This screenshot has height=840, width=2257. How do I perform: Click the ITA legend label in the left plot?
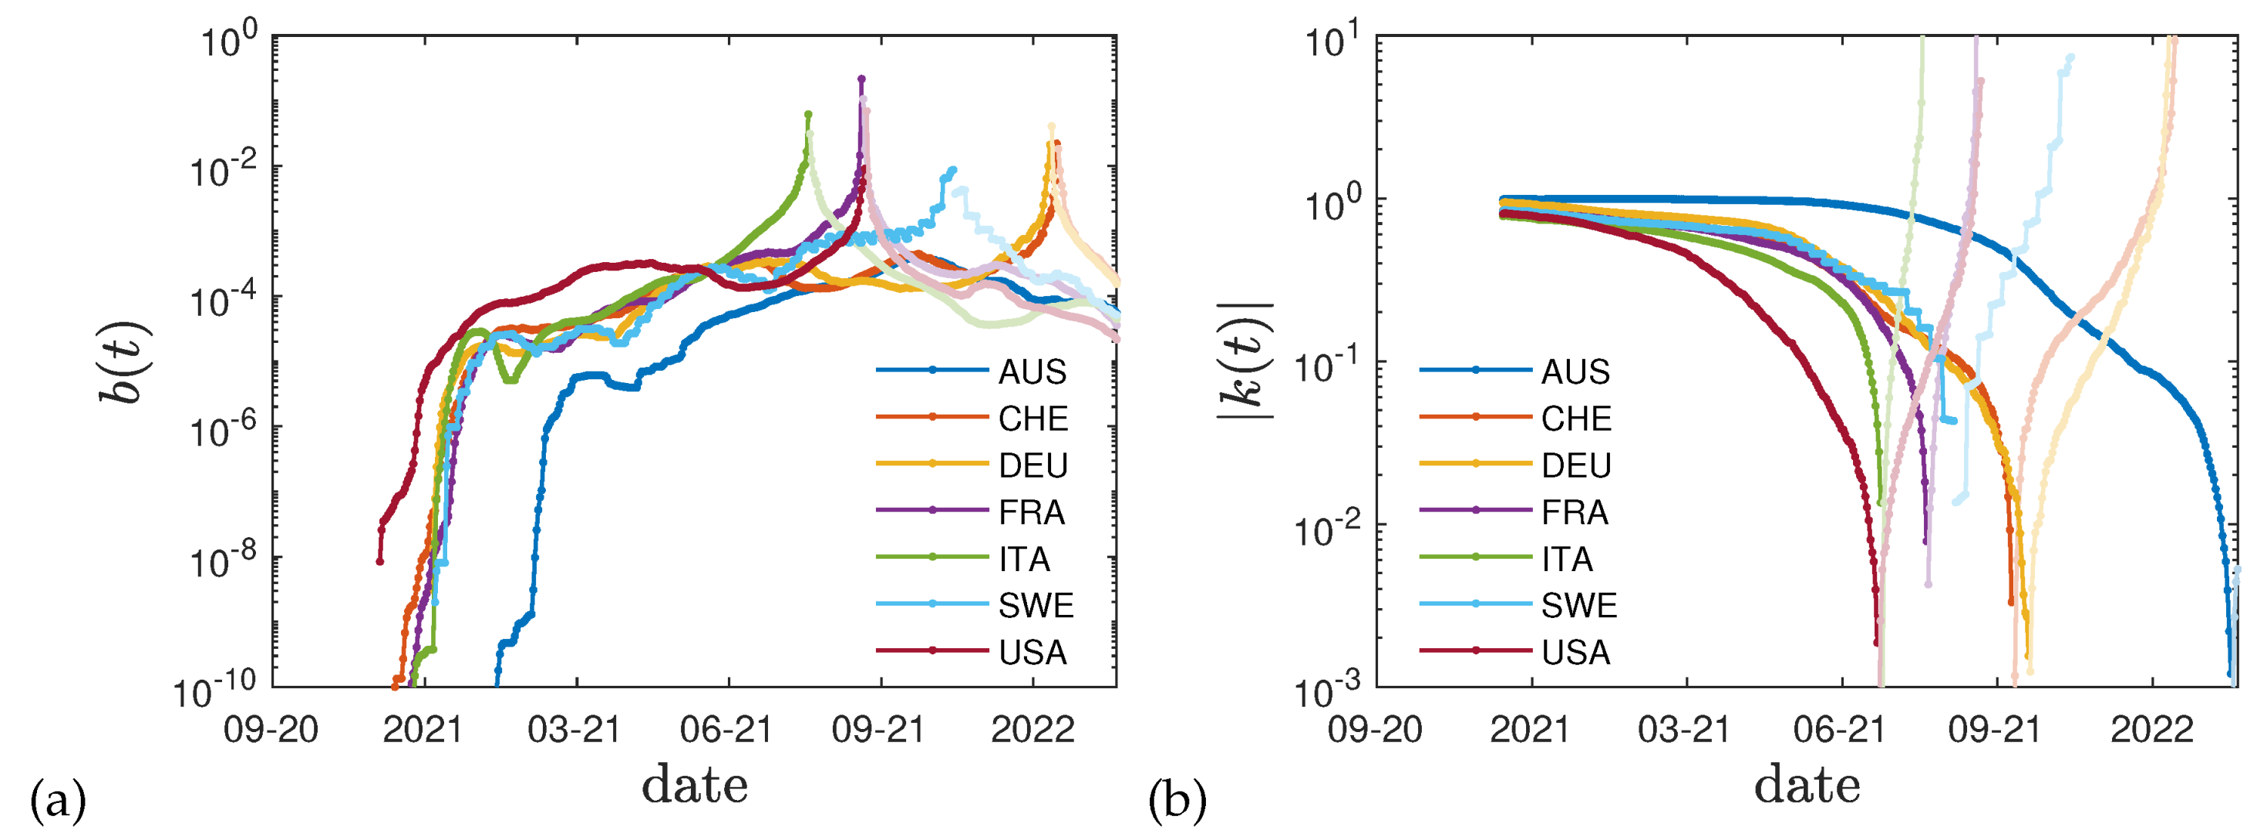pyautogui.click(x=1023, y=559)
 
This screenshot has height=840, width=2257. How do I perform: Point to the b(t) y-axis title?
pyautogui.click(x=125, y=361)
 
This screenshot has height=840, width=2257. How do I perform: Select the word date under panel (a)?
pyautogui.click(x=695, y=784)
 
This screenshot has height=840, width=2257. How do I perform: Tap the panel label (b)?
pyautogui.click(x=1177, y=801)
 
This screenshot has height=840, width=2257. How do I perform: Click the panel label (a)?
pyautogui.click(x=58, y=801)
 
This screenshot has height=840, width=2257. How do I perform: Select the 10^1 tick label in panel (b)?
pyautogui.click(x=1332, y=39)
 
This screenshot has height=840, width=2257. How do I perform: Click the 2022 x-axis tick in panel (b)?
pyautogui.click(x=2151, y=729)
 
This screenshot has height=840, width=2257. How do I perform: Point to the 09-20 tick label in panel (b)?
pyautogui.click(x=1375, y=729)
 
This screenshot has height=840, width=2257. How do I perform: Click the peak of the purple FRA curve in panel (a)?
pyautogui.click(x=861, y=79)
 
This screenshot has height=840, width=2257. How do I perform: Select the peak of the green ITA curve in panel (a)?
pyautogui.click(x=808, y=115)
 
